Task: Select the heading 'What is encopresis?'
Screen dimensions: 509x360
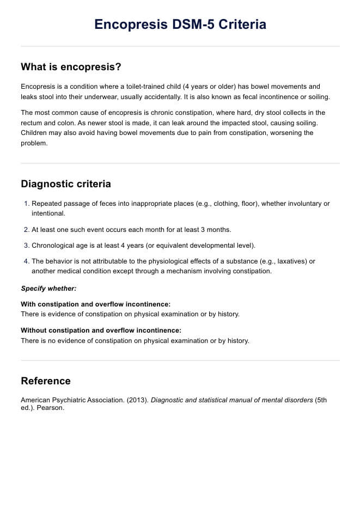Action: tap(71, 67)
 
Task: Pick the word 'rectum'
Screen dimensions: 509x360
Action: tap(30, 123)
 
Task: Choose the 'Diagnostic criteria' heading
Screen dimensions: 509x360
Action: tap(65, 184)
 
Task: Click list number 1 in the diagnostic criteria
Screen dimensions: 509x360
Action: tap(27, 204)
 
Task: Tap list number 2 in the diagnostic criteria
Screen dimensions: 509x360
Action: tap(27, 230)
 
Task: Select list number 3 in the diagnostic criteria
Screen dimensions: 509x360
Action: tap(27, 246)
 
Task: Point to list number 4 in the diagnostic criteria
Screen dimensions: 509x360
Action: tap(27, 261)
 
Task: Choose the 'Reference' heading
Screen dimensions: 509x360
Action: tap(46, 381)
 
